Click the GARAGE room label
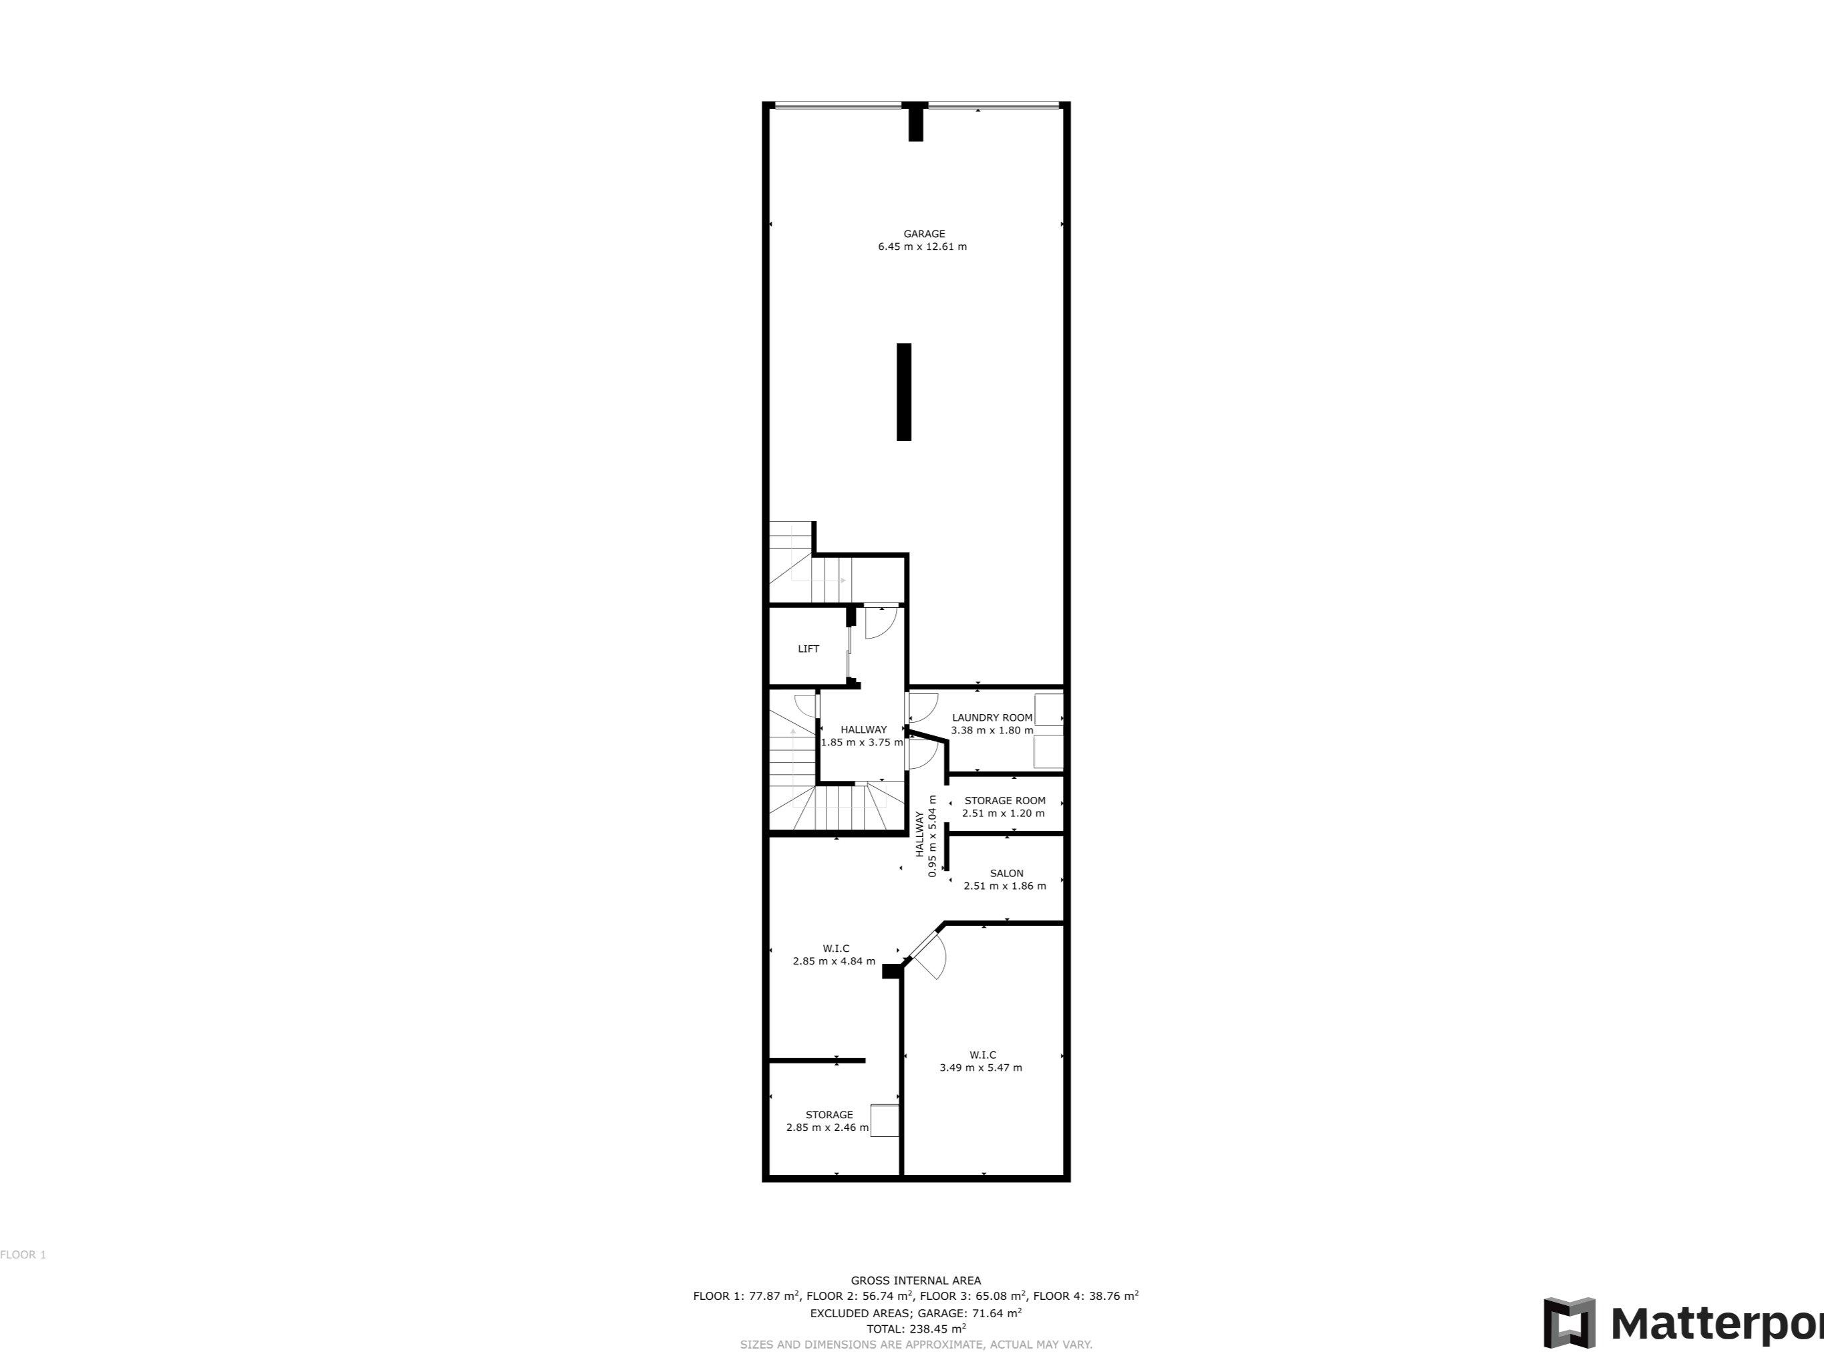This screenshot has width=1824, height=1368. click(923, 233)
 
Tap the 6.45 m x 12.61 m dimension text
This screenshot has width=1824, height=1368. click(922, 246)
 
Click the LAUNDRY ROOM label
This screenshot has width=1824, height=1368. click(992, 717)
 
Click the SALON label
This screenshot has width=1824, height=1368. click(1006, 873)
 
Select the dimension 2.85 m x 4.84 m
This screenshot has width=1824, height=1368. click(834, 961)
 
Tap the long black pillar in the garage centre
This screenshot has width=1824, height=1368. click(904, 391)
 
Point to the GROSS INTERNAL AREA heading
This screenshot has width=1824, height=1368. click(915, 1280)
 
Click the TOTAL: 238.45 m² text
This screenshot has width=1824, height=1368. click(915, 1329)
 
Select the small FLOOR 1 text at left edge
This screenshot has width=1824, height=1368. click(23, 1255)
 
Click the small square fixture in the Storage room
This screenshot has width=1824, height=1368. click(885, 1120)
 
